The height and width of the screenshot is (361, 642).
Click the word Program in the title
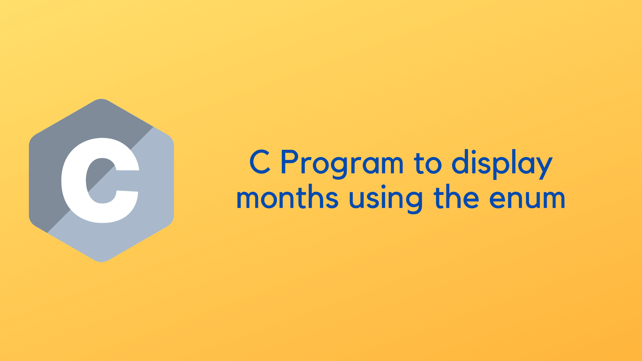pyautogui.click(x=342, y=163)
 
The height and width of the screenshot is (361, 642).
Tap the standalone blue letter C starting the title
pyautogui.click(x=260, y=162)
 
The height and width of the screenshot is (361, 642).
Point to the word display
pyautogui.click(x=502, y=163)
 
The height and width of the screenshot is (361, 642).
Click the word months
pyautogui.click(x=287, y=198)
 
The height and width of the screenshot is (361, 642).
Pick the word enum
pyautogui.click(x=527, y=199)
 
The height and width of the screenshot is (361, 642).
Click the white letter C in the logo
pyautogui.click(x=100, y=180)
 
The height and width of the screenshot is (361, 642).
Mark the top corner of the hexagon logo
pyautogui.click(x=101, y=100)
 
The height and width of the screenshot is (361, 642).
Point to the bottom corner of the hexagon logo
pyautogui.click(x=101, y=261)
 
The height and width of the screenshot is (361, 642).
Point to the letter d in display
pyautogui.click(x=463, y=163)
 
